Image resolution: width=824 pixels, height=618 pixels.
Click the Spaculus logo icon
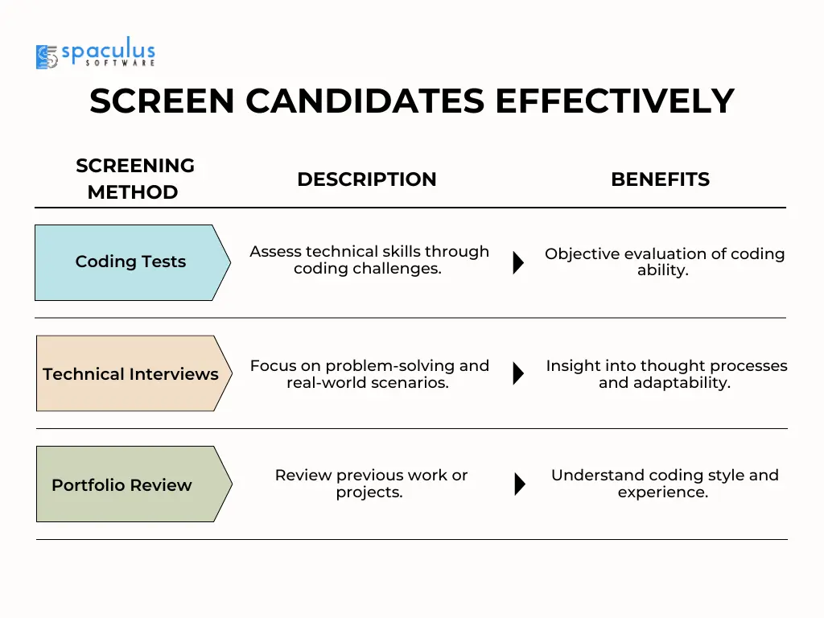pos(47,57)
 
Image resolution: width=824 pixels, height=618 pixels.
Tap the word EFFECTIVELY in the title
pos(614,101)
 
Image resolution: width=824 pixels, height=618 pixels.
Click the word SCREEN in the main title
pos(162,101)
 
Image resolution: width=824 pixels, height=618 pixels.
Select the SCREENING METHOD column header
pos(134,179)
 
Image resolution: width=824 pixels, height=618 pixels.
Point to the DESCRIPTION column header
pos(367,179)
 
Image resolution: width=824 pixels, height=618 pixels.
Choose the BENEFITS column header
pos(660,179)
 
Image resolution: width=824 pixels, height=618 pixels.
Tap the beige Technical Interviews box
pos(134,373)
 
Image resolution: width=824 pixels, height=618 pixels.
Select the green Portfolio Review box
pos(134,484)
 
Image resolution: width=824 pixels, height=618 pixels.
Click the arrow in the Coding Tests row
pos(518,262)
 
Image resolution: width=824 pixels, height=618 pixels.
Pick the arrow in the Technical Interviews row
pos(518,373)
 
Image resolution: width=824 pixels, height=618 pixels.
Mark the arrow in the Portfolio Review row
pos(519,484)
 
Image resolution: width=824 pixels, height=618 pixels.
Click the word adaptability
pos(682,382)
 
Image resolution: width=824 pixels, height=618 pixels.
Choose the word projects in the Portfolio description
pos(369,492)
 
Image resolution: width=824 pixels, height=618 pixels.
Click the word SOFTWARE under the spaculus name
pos(121,63)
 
